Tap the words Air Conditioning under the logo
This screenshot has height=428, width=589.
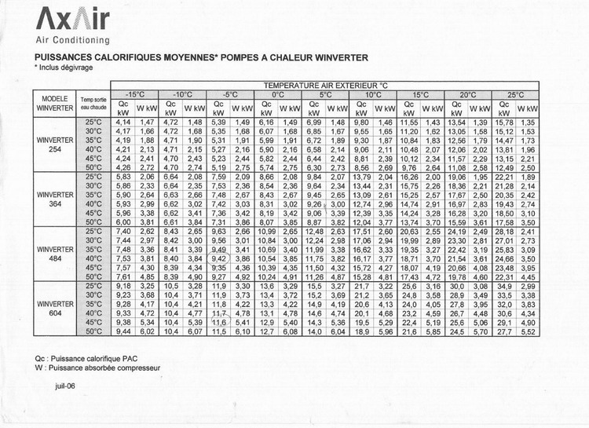click(73, 40)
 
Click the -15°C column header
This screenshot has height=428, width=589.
click(134, 94)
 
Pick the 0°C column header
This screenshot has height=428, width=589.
click(278, 94)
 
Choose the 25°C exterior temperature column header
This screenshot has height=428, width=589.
click(515, 94)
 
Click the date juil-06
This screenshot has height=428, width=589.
click(64, 386)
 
